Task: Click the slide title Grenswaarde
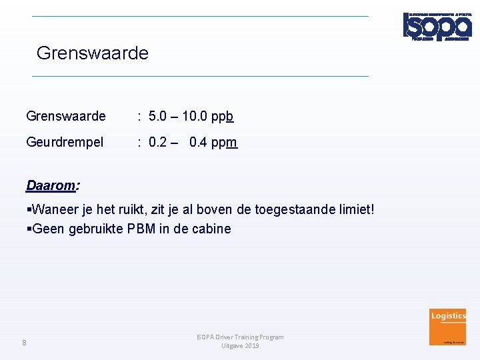click(x=93, y=53)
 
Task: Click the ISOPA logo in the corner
click(x=437, y=27)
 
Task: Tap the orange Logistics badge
click(x=448, y=326)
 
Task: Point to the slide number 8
click(x=24, y=343)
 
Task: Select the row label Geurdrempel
click(x=65, y=142)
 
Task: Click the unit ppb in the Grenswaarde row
click(x=222, y=117)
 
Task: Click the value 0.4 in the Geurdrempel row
click(x=198, y=143)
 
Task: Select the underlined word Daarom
click(x=50, y=184)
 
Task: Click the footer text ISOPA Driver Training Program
click(x=240, y=337)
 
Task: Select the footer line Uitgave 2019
click(x=240, y=346)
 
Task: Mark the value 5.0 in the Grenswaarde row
click(x=159, y=117)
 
